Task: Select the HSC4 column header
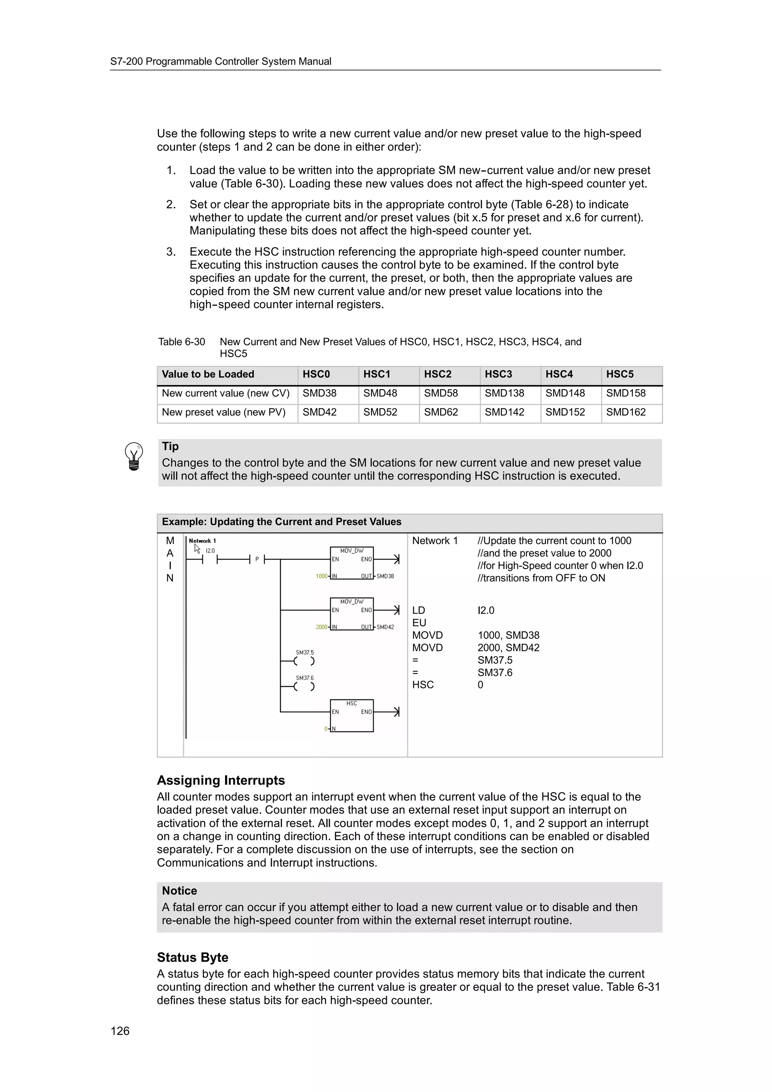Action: click(559, 374)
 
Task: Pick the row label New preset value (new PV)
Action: click(224, 412)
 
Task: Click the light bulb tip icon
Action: click(134, 457)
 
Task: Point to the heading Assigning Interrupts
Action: click(221, 780)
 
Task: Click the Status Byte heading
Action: click(192, 957)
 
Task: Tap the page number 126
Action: click(120, 1031)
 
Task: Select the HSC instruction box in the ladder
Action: click(352, 716)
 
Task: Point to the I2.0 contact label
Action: click(210, 551)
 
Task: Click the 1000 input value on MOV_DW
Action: click(322, 576)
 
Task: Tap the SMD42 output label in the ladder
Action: click(385, 627)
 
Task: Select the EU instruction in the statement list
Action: click(419, 622)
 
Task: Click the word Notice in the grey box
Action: click(179, 891)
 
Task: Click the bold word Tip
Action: click(170, 446)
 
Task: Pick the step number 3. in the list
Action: click(171, 252)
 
